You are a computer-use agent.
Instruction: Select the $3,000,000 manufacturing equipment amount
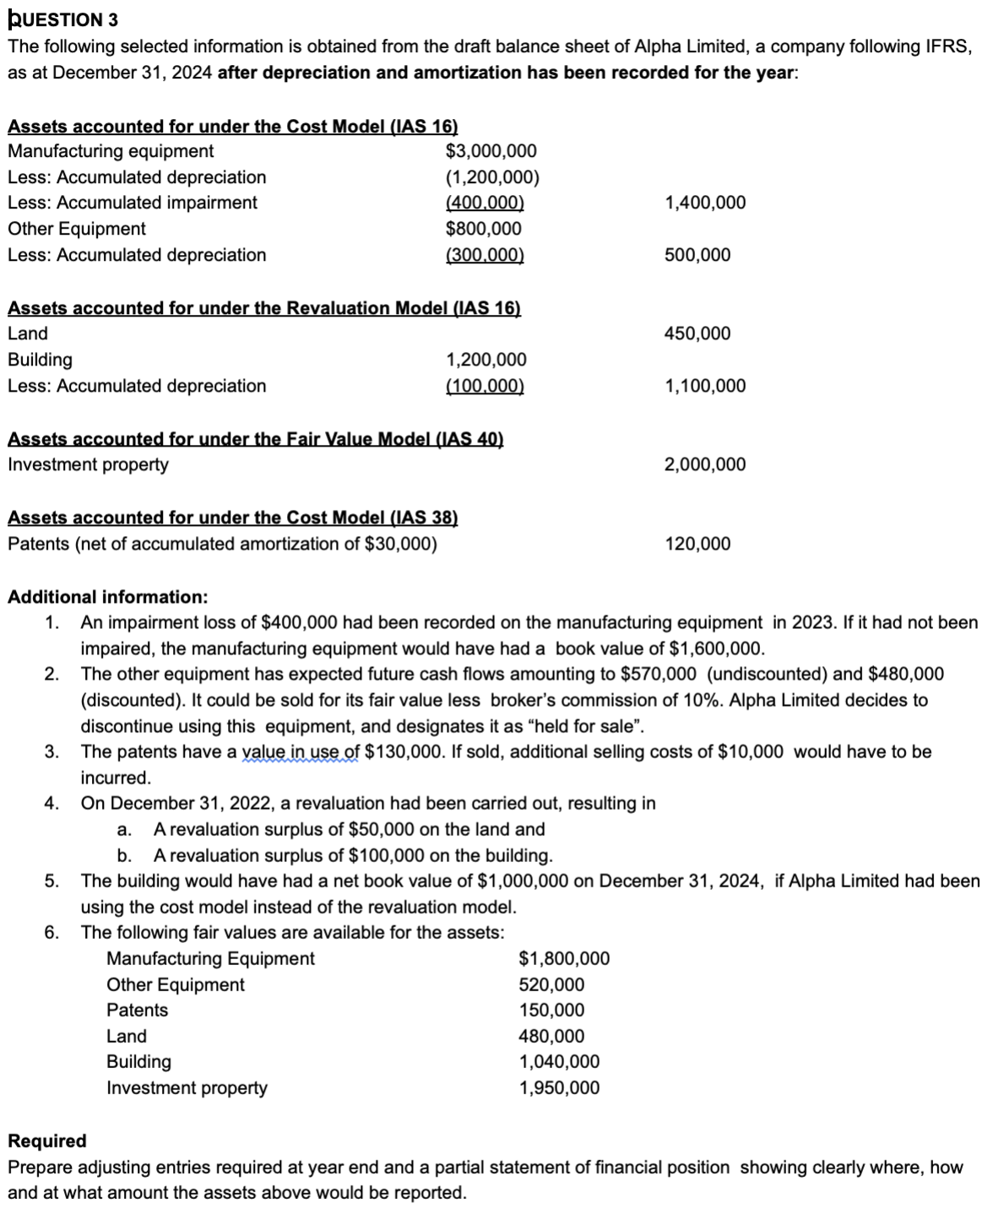[491, 151]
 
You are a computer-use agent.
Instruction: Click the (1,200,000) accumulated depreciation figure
[491, 177]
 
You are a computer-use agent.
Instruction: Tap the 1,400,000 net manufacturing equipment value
[705, 203]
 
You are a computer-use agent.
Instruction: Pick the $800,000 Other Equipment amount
[483, 229]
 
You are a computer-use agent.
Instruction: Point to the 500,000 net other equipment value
[697, 255]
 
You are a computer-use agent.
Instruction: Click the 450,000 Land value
[697, 333]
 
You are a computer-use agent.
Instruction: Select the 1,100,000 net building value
[705, 386]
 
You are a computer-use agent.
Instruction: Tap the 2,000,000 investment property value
[705, 464]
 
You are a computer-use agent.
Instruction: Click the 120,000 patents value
[697, 544]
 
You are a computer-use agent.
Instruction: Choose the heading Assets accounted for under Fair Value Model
[255, 439]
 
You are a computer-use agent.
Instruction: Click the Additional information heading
[107, 597]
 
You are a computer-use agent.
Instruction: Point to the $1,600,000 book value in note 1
[716, 648]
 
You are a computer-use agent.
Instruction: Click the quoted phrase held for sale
[599, 726]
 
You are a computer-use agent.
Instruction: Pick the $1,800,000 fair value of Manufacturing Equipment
[564, 958]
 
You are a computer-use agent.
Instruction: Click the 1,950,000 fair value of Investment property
[559, 1087]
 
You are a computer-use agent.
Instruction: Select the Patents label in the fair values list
[137, 1010]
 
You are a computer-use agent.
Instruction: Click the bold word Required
[47, 1141]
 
